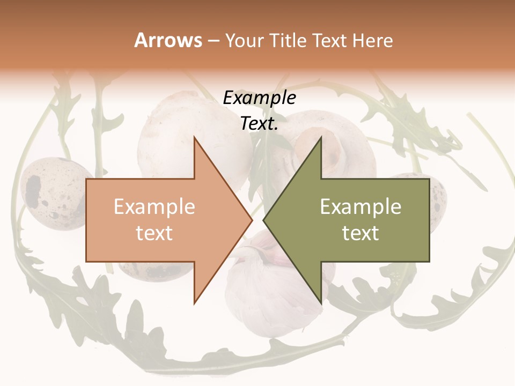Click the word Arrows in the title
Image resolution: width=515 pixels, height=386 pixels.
pos(168,40)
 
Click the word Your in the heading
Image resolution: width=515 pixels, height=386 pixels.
pos(244,41)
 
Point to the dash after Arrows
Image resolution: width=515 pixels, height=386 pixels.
pos(212,41)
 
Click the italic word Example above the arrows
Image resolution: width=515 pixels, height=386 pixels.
pos(259,98)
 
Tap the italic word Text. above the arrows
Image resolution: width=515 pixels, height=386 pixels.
pos(259,124)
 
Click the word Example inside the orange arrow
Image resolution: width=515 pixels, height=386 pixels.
pos(154,206)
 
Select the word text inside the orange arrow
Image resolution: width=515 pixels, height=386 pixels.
pos(154,233)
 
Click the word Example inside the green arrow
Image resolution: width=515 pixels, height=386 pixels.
pos(360,206)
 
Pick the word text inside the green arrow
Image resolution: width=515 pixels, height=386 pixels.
pos(360,233)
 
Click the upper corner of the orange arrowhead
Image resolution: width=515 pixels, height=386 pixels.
pos(194,138)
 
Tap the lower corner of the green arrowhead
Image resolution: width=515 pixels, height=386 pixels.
pos(321,302)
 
